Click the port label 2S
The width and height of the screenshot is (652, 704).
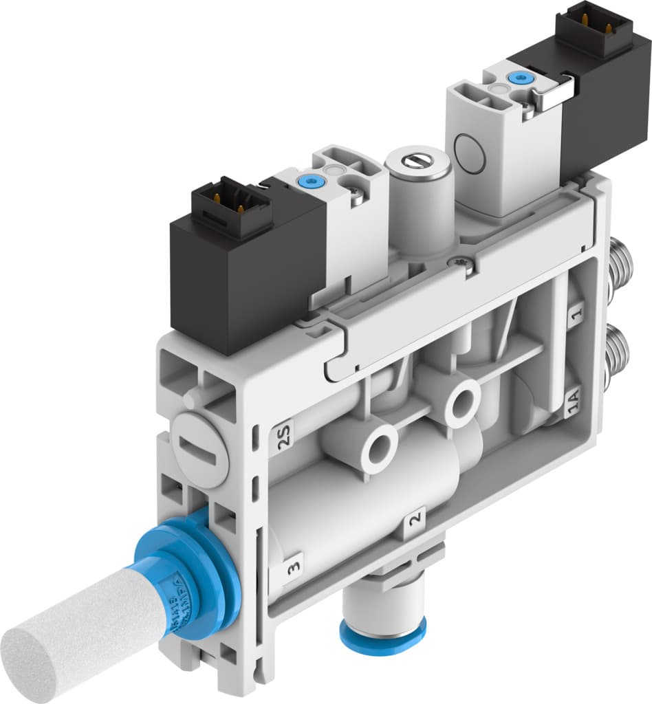[x=281, y=435]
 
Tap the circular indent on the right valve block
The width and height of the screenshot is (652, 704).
[x=472, y=151]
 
